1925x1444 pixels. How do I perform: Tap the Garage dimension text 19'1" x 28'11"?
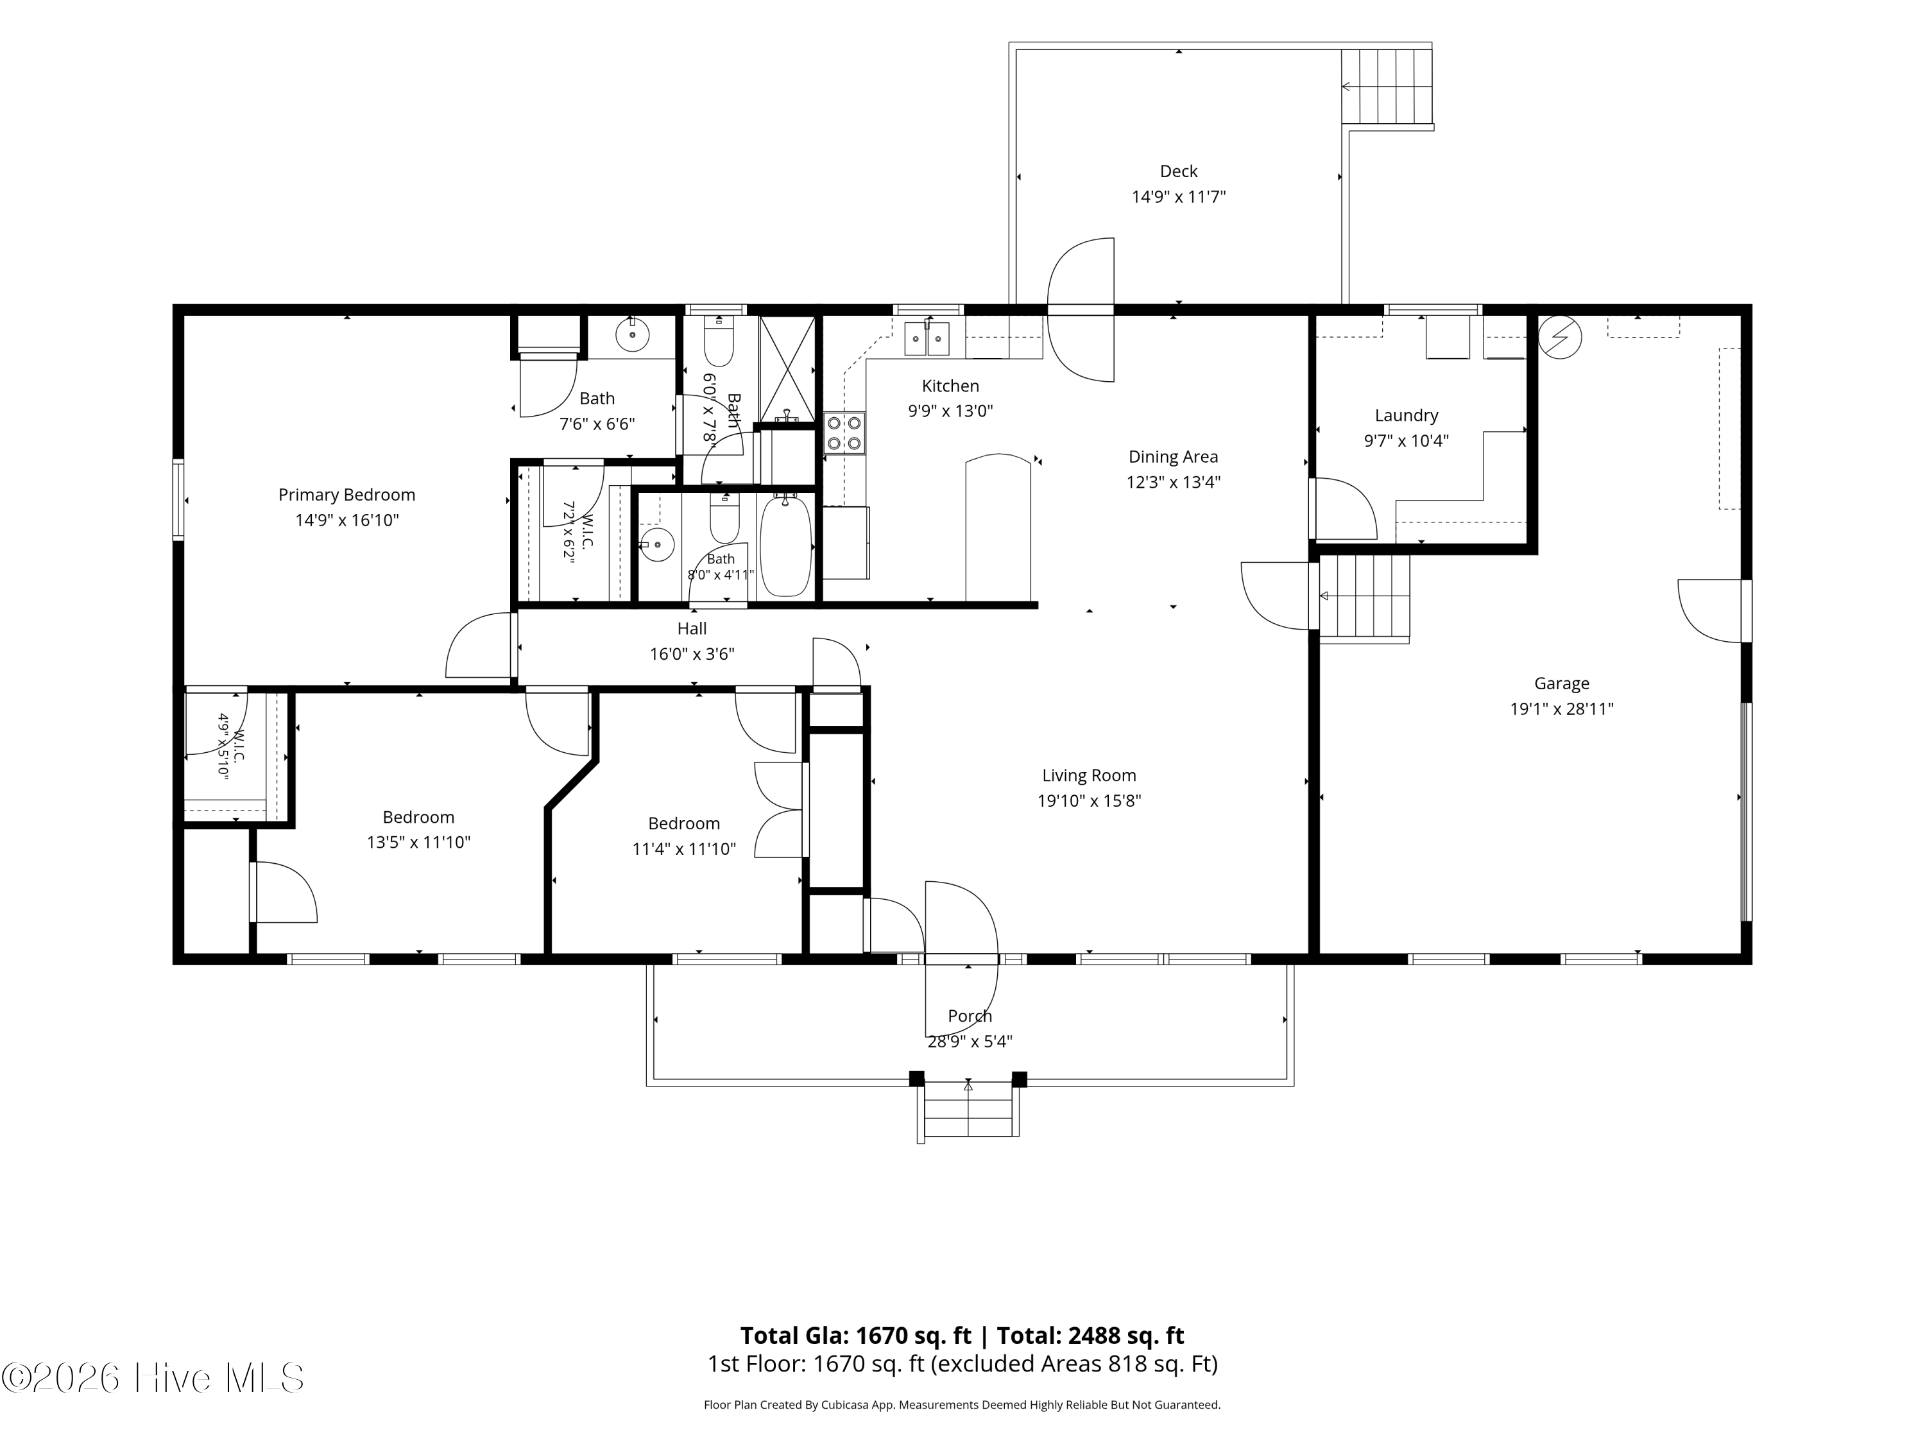click(1561, 709)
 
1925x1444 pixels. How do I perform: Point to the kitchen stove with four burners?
click(844, 433)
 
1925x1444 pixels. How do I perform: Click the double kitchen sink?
click(926, 338)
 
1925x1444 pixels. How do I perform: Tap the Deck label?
click(1178, 171)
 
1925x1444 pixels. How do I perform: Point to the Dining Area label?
click(1173, 457)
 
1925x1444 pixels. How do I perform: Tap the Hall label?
click(692, 628)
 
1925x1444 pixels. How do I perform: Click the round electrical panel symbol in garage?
click(1559, 337)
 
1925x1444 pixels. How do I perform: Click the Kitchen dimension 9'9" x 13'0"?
click(950, 411)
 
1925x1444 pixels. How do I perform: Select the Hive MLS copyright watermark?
click(153, 1378)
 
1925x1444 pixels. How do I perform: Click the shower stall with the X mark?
click(787, 369)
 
